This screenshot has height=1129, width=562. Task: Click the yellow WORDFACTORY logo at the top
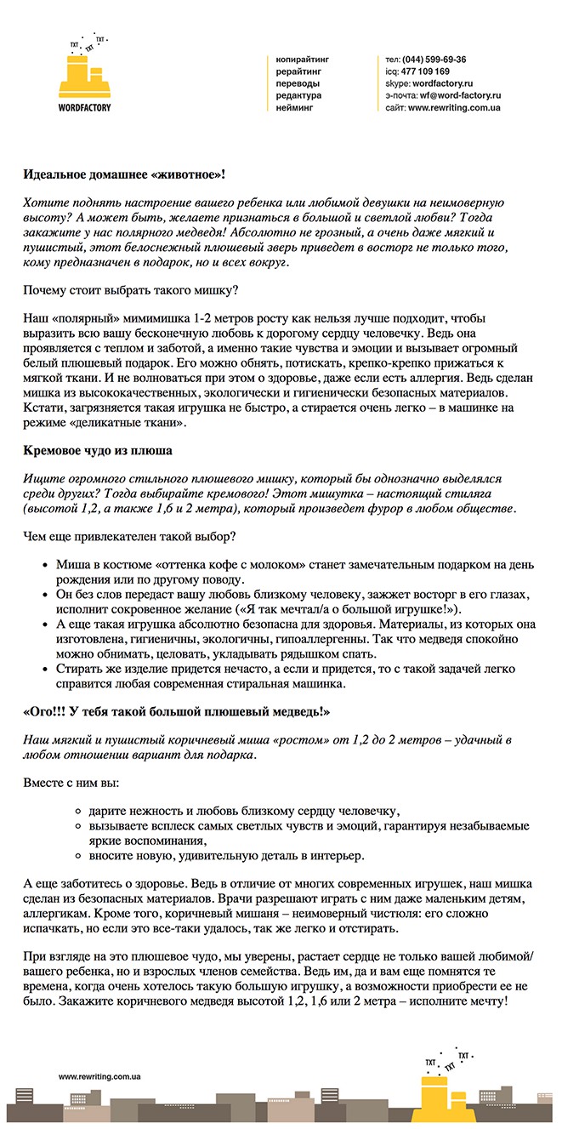pos(84,77)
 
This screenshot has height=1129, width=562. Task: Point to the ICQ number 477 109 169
pos(426,71)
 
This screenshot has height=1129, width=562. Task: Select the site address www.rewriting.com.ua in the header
pos(454,108)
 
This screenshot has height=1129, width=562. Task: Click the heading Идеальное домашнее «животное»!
pos(124,174)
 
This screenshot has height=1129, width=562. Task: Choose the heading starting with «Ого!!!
pos(176,710)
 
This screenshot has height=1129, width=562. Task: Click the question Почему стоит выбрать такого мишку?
pos(131,290)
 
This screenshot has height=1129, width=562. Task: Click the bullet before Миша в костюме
pos(44,565)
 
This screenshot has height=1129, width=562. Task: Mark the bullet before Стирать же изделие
pos(44,670)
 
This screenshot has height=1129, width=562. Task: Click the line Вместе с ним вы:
pos(71,781)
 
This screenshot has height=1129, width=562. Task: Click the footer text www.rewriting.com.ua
pos(99,1076)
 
